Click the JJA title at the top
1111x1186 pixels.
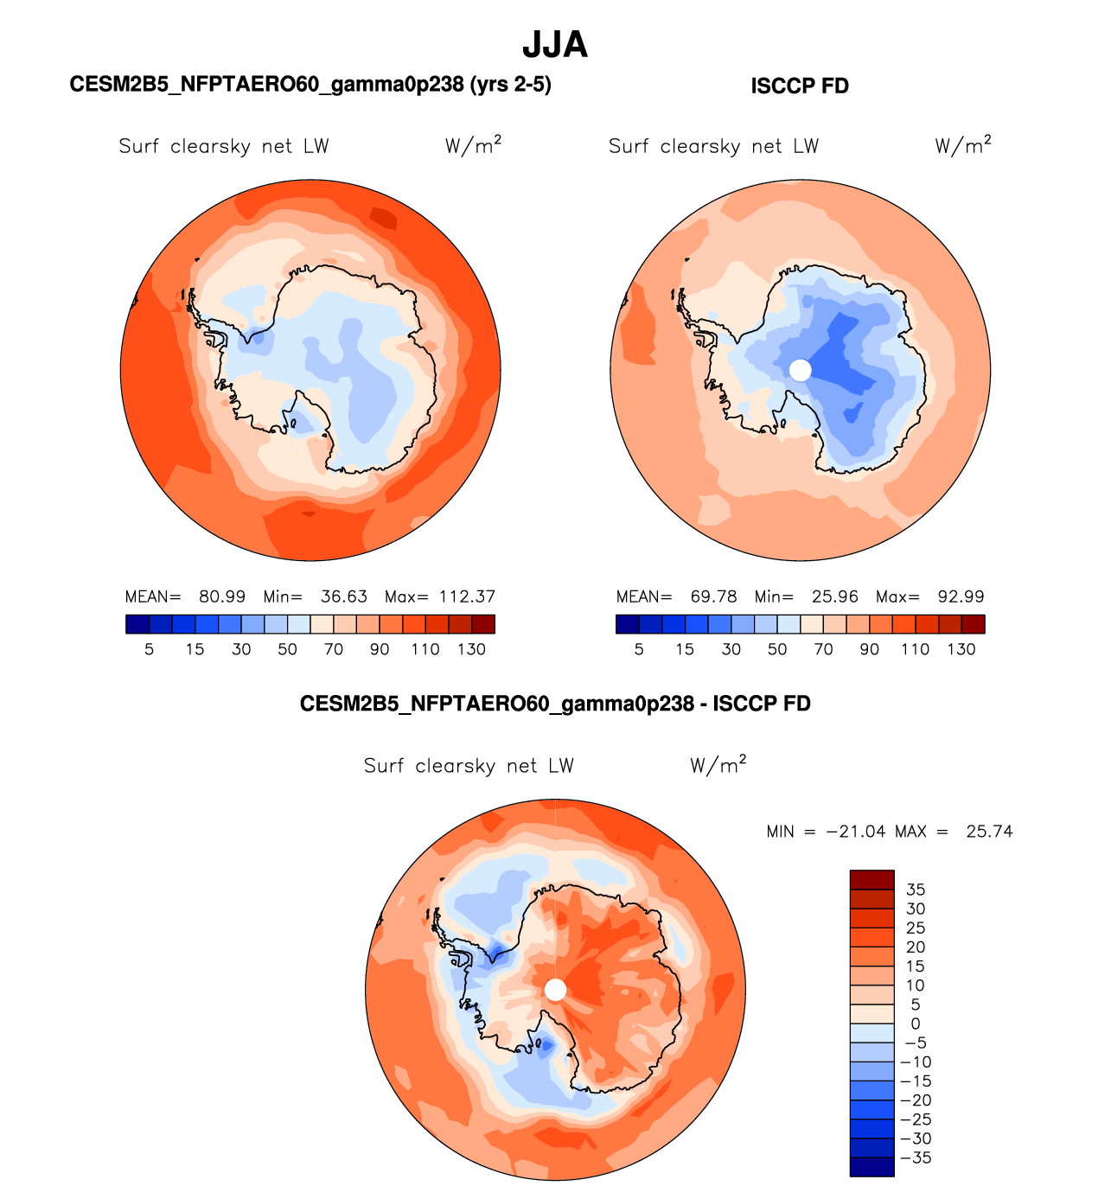(x=555, y=45)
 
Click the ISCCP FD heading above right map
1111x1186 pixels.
(x=800, y=86)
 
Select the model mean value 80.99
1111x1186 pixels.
(x=222, y=596)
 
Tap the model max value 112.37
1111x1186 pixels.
(x=467, y=596)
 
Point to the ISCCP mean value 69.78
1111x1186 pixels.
(x=713, y=596)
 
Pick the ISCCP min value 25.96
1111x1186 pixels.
(x=835, y=596)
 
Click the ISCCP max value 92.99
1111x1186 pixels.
(x=961, y=596)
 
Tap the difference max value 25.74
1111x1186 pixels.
(x=989, y=832)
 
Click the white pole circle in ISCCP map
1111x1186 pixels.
(x=801, y=370)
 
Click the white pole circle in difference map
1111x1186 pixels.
(x=556, y=990)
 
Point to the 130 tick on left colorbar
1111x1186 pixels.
(x=471, y=649)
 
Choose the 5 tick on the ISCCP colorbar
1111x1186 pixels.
(x=639, y=649)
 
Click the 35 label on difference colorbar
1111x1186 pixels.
(x=916, y=889)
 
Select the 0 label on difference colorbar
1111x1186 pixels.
(x=916, y=1023)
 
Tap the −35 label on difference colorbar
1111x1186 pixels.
(x=916, y=1157)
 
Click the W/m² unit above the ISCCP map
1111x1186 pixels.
(x=962, y=145)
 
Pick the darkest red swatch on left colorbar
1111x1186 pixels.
(x=483, y=624)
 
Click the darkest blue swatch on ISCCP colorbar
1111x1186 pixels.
(x=628, y=624)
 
